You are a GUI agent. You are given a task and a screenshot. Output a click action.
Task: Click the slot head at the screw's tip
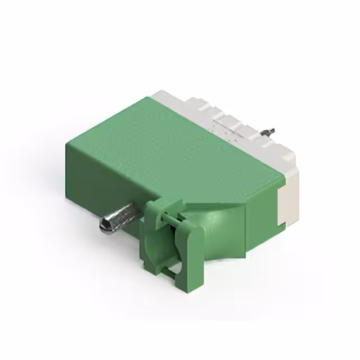102,227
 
